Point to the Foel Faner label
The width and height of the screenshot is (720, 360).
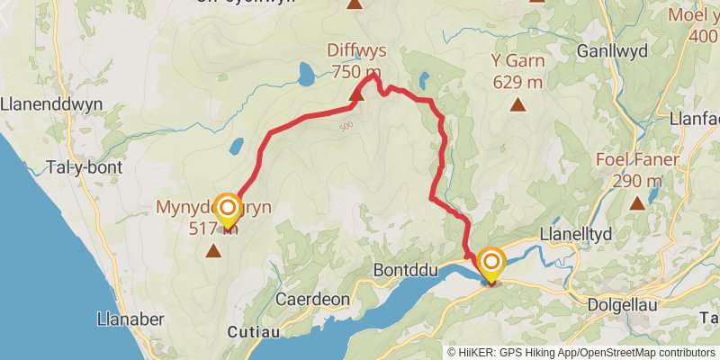coord(636,161)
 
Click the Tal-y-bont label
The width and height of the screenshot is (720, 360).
coord(84,167)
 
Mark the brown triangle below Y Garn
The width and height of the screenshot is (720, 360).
coord(517,104)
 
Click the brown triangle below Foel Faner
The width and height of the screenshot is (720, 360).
coord(637,203)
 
